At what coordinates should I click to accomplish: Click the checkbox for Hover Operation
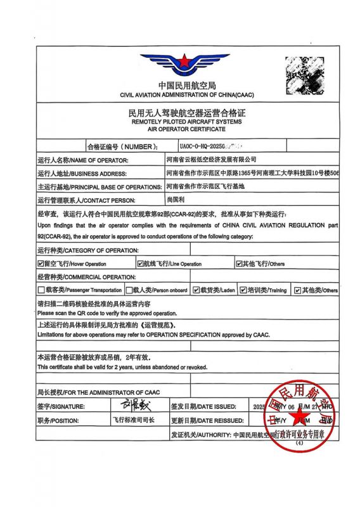coord(41,263)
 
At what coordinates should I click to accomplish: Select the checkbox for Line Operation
coord(141,263)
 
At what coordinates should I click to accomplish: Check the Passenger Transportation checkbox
coord(41,290)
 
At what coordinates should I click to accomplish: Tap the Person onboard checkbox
coord(129,290)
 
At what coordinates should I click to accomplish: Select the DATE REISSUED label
coord(200,420)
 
